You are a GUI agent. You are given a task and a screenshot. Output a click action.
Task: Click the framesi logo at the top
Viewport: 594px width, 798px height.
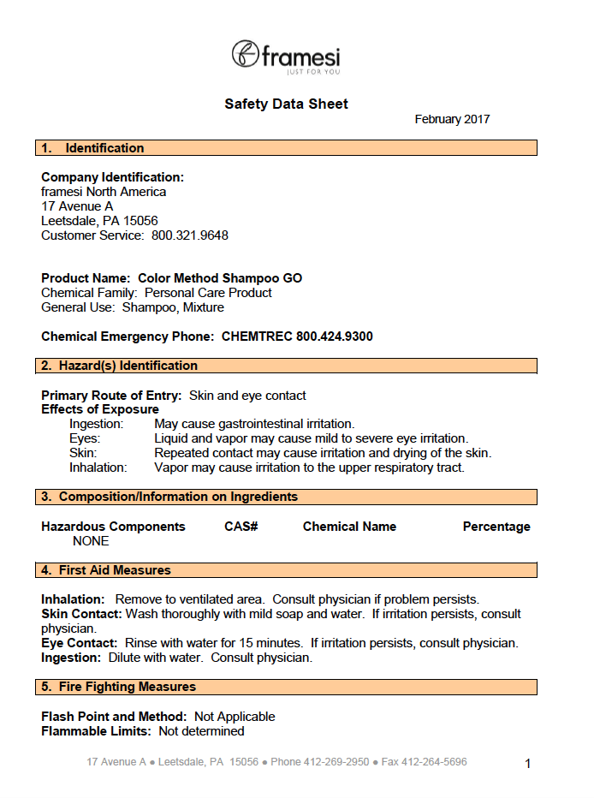point(286,57)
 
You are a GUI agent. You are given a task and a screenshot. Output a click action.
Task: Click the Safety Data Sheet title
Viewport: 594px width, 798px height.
point(286,104)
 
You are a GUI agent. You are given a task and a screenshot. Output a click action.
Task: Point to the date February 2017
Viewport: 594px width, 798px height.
point(452,120)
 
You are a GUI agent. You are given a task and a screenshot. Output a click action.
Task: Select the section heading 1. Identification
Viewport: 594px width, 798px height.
point(93,148)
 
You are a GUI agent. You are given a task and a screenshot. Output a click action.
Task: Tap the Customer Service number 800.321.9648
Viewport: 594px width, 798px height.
point(190,235)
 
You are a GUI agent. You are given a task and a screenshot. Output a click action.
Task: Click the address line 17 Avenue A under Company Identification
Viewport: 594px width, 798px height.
point(77,206)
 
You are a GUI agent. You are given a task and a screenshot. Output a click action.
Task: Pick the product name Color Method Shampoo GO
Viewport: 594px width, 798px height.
point(220,278)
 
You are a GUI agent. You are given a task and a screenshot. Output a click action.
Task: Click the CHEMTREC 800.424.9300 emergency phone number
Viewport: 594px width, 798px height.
point(297,336)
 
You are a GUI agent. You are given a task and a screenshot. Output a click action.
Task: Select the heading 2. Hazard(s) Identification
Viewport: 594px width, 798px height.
point(120,366)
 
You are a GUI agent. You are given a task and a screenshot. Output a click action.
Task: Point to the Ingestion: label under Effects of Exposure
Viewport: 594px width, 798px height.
point(97,424)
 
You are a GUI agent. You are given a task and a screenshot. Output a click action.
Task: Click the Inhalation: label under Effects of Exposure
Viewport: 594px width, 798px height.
point(98,467)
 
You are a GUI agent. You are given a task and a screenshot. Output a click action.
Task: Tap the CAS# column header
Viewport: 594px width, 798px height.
point(241,527)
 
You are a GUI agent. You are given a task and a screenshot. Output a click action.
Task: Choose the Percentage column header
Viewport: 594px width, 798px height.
point(496,527)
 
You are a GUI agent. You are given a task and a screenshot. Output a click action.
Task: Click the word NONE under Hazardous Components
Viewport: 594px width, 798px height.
point(91,541)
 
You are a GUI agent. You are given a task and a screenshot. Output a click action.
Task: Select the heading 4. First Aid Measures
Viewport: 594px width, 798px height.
point(106,570)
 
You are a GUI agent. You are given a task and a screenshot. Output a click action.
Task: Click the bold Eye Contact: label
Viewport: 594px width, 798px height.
point(80,643)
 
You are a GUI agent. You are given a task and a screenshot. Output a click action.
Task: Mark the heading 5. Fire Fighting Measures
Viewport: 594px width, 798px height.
point(119,687)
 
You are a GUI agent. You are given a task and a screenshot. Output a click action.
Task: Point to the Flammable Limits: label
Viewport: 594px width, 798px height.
point(96,731)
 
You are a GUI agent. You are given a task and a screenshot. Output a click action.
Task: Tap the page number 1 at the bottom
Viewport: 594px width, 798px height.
point(528,764)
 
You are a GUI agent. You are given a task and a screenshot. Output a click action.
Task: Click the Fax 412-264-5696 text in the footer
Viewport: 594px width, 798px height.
point(425,762)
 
